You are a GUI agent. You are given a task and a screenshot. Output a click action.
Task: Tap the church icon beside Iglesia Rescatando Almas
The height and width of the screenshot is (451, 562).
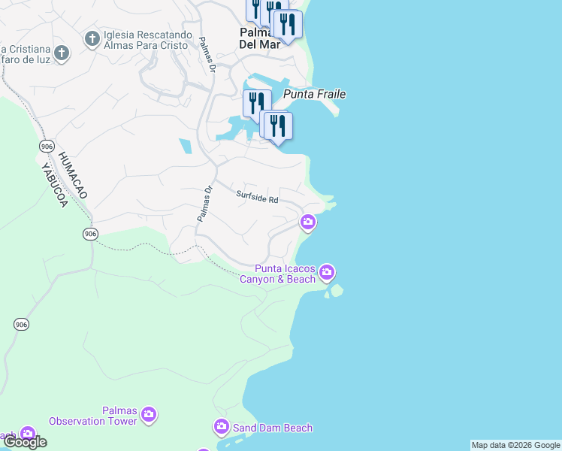tap(92, 38)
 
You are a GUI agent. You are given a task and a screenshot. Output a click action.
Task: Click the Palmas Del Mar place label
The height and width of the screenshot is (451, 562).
tap(259, 38)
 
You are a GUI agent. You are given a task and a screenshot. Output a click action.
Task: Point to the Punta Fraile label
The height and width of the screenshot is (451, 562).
tap(314, 95)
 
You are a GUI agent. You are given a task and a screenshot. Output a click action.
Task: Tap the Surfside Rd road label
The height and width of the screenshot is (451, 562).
tap(257, 197)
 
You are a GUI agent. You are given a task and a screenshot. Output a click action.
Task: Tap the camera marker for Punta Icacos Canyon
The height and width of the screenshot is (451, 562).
tap(326, 271)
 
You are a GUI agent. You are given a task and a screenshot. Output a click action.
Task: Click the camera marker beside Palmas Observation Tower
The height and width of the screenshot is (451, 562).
tap(149, 413)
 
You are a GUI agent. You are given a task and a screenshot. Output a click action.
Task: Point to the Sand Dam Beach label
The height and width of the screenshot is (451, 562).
tap(271, 428)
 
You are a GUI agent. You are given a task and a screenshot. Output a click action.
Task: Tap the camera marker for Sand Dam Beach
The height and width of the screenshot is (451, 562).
tap(221, 427)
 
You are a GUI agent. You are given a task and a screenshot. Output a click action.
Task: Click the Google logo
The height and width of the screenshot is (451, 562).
tap(25, 442)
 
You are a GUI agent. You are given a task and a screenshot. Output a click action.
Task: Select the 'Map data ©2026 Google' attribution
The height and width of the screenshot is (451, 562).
tap(515, 445)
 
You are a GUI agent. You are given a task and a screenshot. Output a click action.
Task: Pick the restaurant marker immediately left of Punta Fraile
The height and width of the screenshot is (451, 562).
tap(257, 103)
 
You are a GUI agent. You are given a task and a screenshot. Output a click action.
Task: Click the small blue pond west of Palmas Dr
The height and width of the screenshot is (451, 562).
tap(185, 146)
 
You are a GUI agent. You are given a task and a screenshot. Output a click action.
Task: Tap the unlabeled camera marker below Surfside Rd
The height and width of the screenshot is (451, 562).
tap(307, 222)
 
